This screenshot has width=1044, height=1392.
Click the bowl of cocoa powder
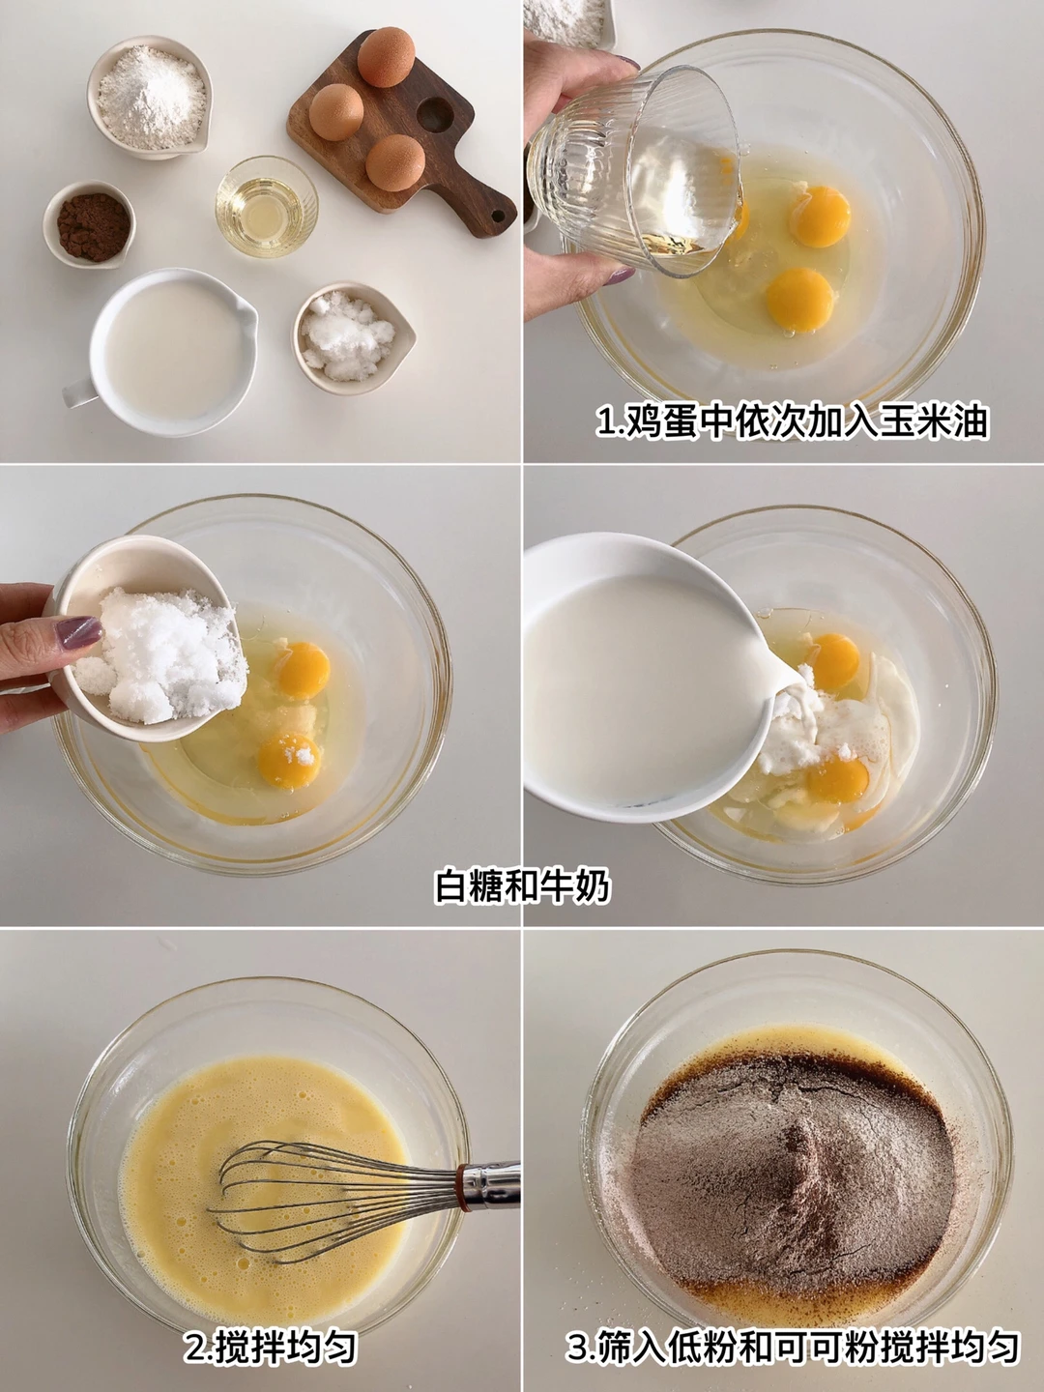click(89, 224)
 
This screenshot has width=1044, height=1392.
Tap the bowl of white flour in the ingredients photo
click(150, 97)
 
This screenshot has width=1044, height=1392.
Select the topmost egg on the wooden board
click(386, 56)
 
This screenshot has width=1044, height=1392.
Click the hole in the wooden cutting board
click(435, 114)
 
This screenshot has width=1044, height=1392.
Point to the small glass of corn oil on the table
click(267, 206)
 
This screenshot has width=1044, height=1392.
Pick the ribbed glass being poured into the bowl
click(634, 170)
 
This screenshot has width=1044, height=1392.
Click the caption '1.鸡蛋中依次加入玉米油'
click(793, 421)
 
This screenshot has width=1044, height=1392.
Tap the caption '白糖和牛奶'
click(522, 885)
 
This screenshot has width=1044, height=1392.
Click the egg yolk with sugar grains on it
click(289, 761)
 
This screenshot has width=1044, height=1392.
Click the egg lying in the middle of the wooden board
click(336, 111)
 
